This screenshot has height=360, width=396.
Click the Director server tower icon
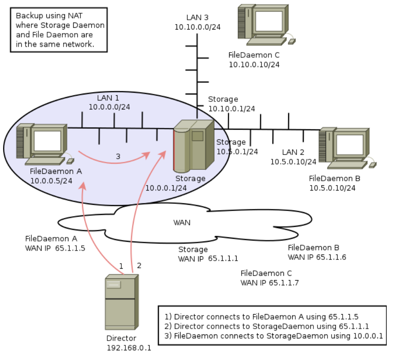click(122, 302)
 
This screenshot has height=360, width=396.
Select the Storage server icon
click(194, 146)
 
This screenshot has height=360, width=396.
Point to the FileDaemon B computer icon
click(347, 148)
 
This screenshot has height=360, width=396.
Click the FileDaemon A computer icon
click(45, 144)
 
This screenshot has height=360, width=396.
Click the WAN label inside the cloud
click(182, 223)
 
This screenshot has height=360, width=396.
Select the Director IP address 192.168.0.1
click(129, 348)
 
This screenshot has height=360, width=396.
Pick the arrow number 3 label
click(118, 157)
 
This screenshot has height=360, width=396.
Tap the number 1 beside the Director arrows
click(121, 266)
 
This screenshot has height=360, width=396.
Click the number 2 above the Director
click(139, 265)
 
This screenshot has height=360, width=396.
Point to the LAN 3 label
click(197, 17)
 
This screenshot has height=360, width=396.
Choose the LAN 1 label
click(108, 97)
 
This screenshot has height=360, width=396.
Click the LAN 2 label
click(293, 152)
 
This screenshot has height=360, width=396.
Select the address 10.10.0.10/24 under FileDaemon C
click(254, 64)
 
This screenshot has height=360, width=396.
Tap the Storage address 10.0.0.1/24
click(166, 188)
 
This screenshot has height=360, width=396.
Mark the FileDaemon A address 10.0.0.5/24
click(51, 181)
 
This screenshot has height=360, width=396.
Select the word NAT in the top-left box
click(75, 15)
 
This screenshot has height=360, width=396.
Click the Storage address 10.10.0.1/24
click(232, 109)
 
